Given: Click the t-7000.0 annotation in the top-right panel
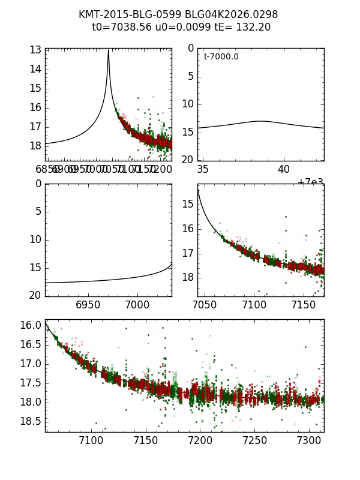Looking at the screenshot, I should [x=221, y=57].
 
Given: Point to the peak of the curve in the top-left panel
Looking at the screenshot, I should [x=109, y=50].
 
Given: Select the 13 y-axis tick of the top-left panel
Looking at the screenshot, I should [x=35, y=50].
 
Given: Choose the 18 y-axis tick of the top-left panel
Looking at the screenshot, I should [x=35, y=146].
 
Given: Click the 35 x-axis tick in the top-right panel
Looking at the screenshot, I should [x=203, y=170].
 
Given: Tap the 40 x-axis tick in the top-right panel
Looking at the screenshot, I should [x=283, y=170].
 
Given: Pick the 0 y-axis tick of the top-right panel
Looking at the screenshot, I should [x=190, y=48].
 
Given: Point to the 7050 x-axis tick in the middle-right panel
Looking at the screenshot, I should [x=205, y=305].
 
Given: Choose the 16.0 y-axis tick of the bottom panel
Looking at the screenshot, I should [x=34, y=325].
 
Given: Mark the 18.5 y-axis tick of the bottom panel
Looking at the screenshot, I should [x=34, y=421].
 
